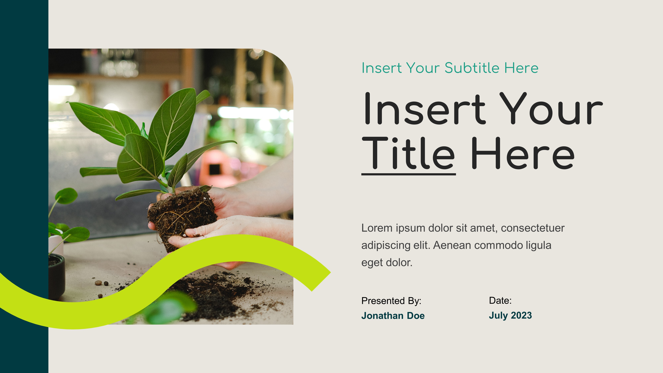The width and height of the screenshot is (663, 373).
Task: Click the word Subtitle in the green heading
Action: click(x=472, y=68)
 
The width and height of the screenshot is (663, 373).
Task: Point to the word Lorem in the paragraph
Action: click(x=377, y=228)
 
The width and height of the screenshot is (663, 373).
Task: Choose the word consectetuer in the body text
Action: click(x=533, y=228)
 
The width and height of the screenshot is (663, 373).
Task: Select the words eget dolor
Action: click(x=387, y=263)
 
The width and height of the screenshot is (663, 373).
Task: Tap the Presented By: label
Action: click(x=391, y=301)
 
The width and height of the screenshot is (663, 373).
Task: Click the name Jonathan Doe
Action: click(x=393, y=316)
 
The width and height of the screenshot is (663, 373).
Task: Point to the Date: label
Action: click(x=500, y=300)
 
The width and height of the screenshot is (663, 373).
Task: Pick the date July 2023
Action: click(x=510, y=315)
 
